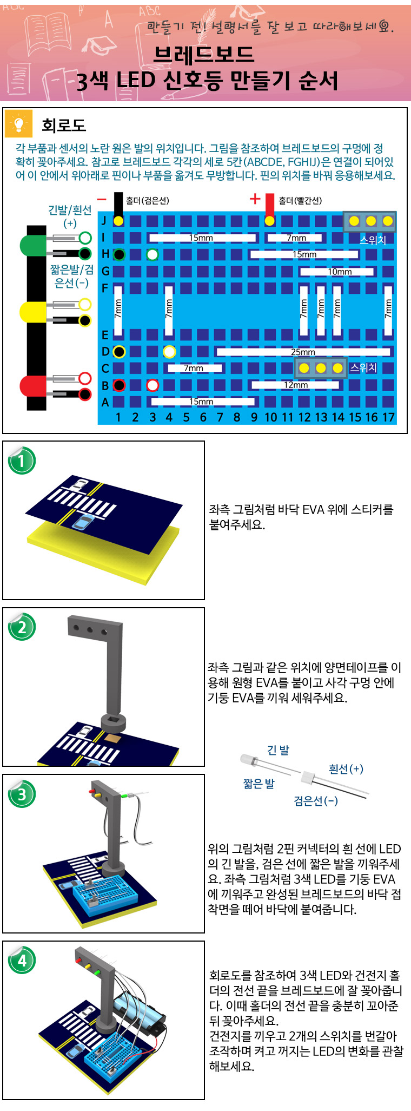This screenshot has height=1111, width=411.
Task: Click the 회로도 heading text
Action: tap(64, 126)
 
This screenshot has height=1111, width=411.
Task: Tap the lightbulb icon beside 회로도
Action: tap(19, 124)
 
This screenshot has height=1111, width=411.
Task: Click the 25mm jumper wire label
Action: tap(303, 352)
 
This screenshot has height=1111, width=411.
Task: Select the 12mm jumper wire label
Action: tap(295, 385)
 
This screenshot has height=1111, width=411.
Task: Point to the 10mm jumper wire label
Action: tap(340, 272)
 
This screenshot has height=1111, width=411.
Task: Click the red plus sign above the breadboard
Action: tap(255, 199)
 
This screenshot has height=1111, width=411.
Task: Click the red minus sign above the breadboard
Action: tap(101, 199)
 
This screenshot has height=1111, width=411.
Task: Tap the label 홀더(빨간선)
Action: tap(300, 201)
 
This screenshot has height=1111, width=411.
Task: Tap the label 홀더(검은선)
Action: tap(147, 201)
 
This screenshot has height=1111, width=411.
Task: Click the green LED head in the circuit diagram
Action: tap(32, 246)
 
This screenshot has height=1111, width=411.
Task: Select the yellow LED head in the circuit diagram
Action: tap(32, 312)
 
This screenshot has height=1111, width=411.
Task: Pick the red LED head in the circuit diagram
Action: tap(32, 386)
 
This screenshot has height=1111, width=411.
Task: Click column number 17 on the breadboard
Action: tap(388, 417)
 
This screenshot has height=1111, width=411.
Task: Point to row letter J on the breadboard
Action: tap(104, 221)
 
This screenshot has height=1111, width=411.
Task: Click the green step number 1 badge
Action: tap(22, 461)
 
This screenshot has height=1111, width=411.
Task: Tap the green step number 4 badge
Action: tap(22, 961)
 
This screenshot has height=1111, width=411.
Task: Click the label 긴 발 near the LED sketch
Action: tap(278, 750)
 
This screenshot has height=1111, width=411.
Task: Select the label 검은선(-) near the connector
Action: tap(316, 800)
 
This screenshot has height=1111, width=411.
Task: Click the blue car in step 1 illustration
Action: tap(83, 523)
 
